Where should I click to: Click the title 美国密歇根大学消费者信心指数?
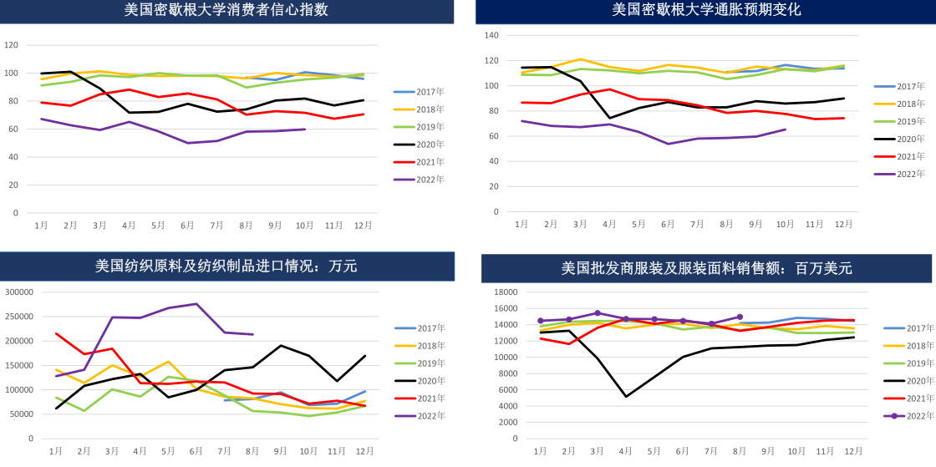pos(226,10)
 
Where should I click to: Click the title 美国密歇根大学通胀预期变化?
pos(706,10)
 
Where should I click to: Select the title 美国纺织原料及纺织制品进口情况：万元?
pos(226,266)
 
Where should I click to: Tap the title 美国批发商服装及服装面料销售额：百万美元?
pos(706,268)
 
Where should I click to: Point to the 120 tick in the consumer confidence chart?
pos(11,45)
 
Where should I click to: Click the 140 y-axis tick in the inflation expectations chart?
pos(491,35)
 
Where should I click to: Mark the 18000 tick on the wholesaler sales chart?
pos(506,292)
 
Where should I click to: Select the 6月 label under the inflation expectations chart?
pos(668,224)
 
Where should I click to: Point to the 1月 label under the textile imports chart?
pos(56,451)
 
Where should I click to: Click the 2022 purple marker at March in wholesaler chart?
pos(598,313)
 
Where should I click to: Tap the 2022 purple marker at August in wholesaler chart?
pos(740,317)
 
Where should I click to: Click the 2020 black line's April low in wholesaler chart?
pos(626,396)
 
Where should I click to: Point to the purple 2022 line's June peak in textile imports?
pos(196,304)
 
